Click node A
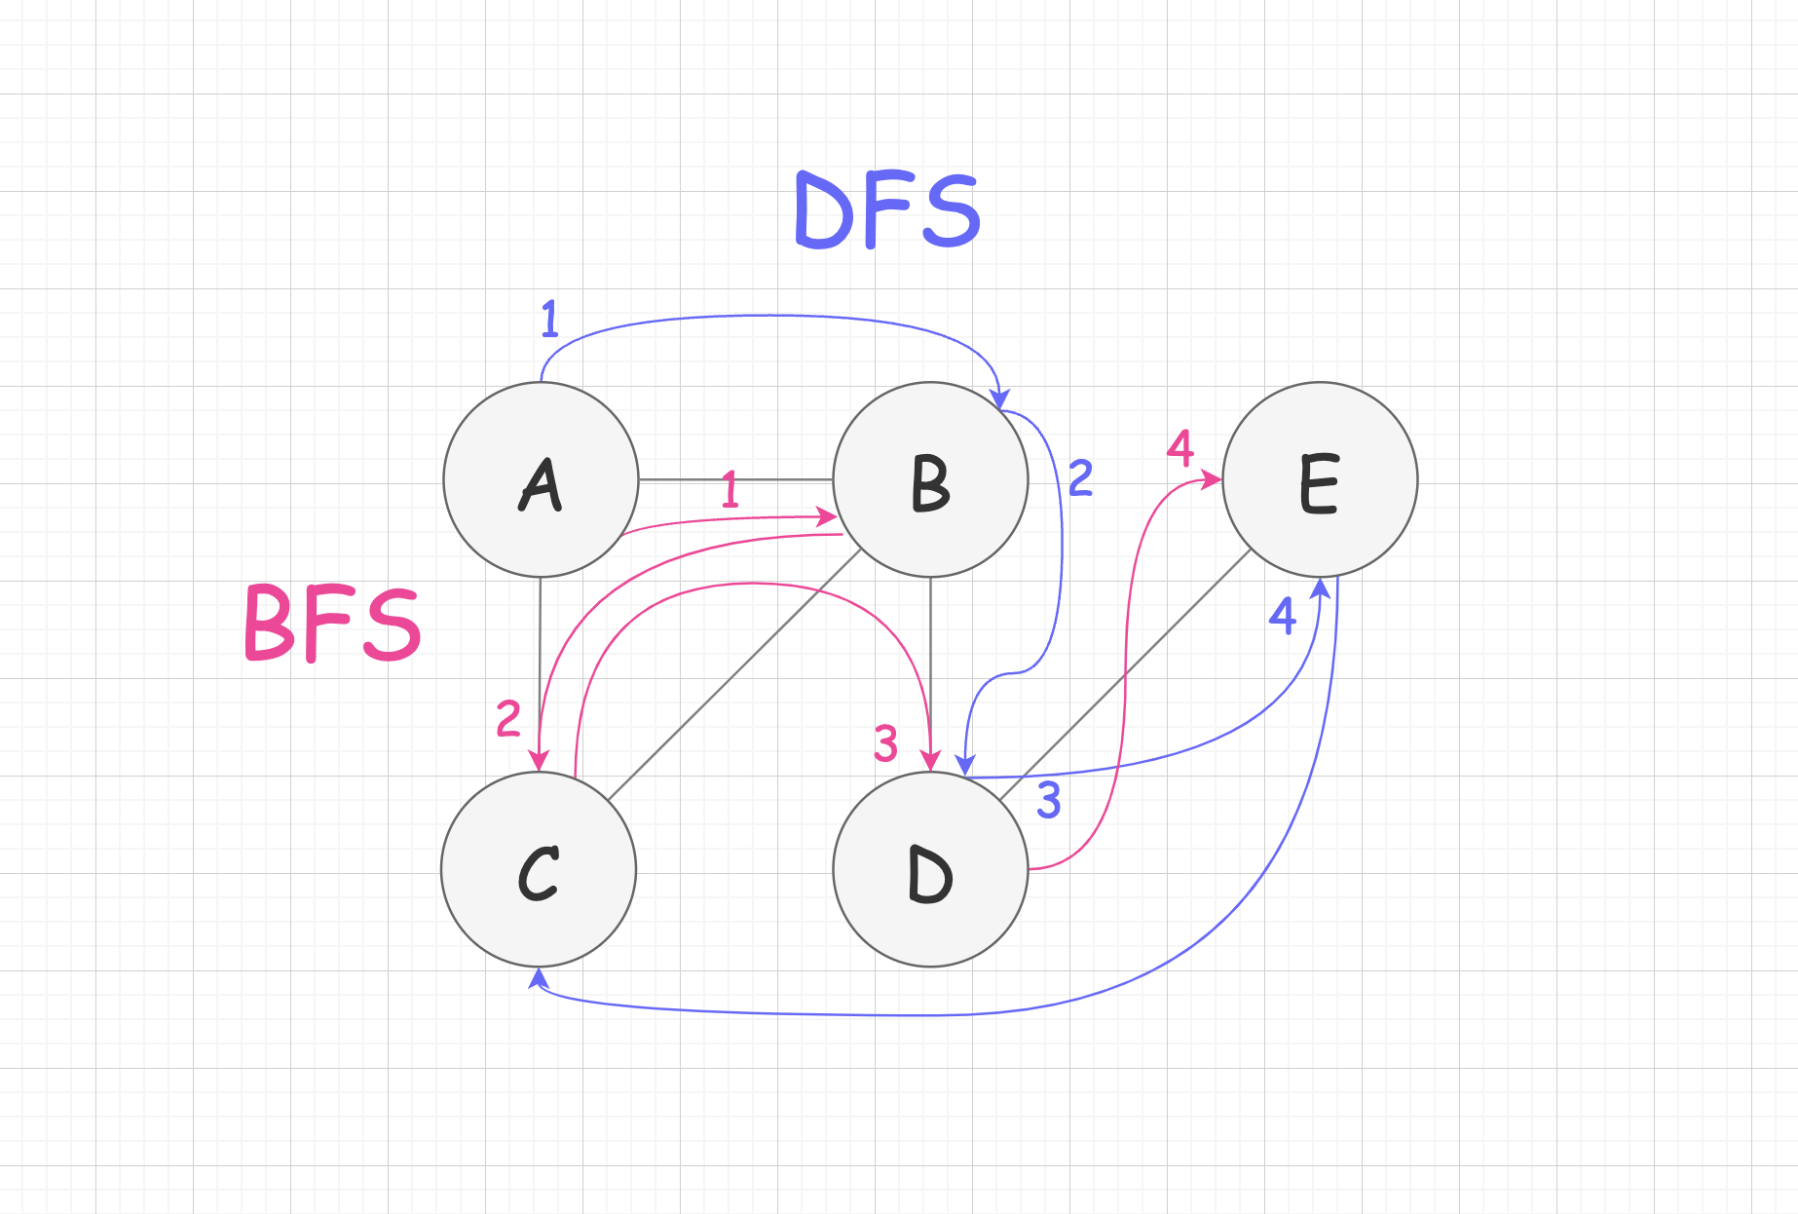541,479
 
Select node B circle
930,479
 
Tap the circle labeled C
539,869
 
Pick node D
930,869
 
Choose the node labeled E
1320,479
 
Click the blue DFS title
887,210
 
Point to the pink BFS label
332,624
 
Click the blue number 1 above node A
550,319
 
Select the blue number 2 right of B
1081,478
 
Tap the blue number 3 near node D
1048,800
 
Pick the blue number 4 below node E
1283,616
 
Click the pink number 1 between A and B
730,490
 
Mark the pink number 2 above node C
508,719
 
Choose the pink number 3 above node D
885,743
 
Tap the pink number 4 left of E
1180,448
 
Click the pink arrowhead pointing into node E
1212,479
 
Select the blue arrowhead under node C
538,976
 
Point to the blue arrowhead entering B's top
998,398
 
